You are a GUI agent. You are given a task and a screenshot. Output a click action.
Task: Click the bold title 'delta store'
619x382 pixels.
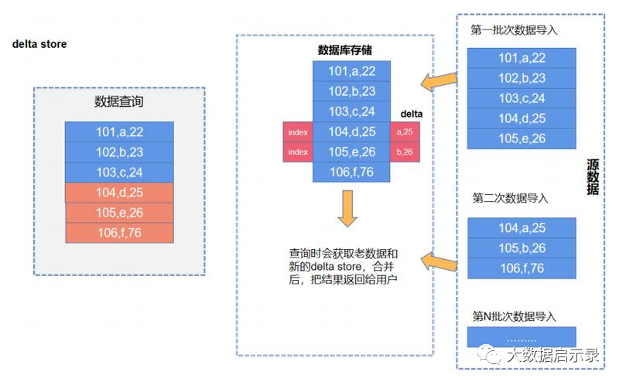pos(39,44)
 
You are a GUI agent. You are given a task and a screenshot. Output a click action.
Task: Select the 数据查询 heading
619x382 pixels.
pos(119,102)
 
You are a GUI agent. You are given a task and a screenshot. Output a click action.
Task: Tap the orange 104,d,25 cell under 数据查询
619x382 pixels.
pos(119,193)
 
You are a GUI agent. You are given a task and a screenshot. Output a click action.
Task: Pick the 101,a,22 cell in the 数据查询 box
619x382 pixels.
pos(119,131)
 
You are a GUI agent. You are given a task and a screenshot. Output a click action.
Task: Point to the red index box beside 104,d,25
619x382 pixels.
pos(298,132)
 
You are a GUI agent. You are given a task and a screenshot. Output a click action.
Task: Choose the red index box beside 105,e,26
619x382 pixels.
pos(298,152)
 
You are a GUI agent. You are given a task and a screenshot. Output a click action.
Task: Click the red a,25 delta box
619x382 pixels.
pos(405,132)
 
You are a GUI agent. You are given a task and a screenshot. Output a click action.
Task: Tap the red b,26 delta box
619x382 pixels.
pos(405,152)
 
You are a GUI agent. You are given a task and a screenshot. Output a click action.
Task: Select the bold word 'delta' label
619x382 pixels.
pos(411,114)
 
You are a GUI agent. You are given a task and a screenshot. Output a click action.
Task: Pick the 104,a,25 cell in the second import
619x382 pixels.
pos(522,228)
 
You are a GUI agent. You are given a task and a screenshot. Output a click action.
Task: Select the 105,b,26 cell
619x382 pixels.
pos(522,248)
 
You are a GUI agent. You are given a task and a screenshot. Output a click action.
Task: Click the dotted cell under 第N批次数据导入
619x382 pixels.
pos(522,338)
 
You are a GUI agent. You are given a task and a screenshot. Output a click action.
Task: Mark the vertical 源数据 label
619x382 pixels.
pos(593,177)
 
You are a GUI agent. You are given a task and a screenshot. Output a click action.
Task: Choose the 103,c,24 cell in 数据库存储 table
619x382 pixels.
pos(351,112)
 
